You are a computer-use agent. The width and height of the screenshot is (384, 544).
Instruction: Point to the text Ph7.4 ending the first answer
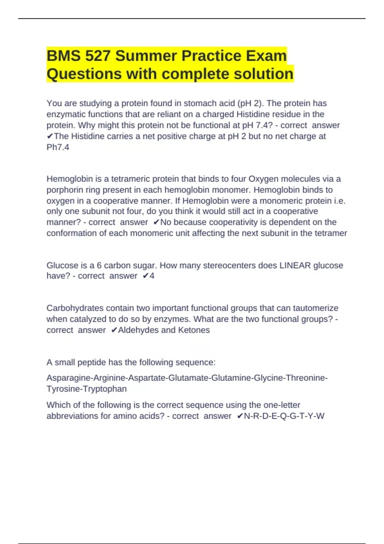pos(58,147)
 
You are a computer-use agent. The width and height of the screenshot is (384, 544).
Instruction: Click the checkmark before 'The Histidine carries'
pos(50,136)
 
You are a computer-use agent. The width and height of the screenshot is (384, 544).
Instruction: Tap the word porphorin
pos(65,190)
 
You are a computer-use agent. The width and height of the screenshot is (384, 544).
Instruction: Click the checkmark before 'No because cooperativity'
pos(156,222)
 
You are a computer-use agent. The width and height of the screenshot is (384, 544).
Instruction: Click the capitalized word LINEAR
pos(295,265)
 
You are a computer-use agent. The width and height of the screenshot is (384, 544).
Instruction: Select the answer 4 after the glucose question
pos(152,276)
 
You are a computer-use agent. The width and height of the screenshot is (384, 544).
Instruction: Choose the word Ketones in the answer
pos(194,330)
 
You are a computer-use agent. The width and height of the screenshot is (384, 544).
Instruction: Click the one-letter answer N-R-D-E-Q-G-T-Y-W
pos(284,416)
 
